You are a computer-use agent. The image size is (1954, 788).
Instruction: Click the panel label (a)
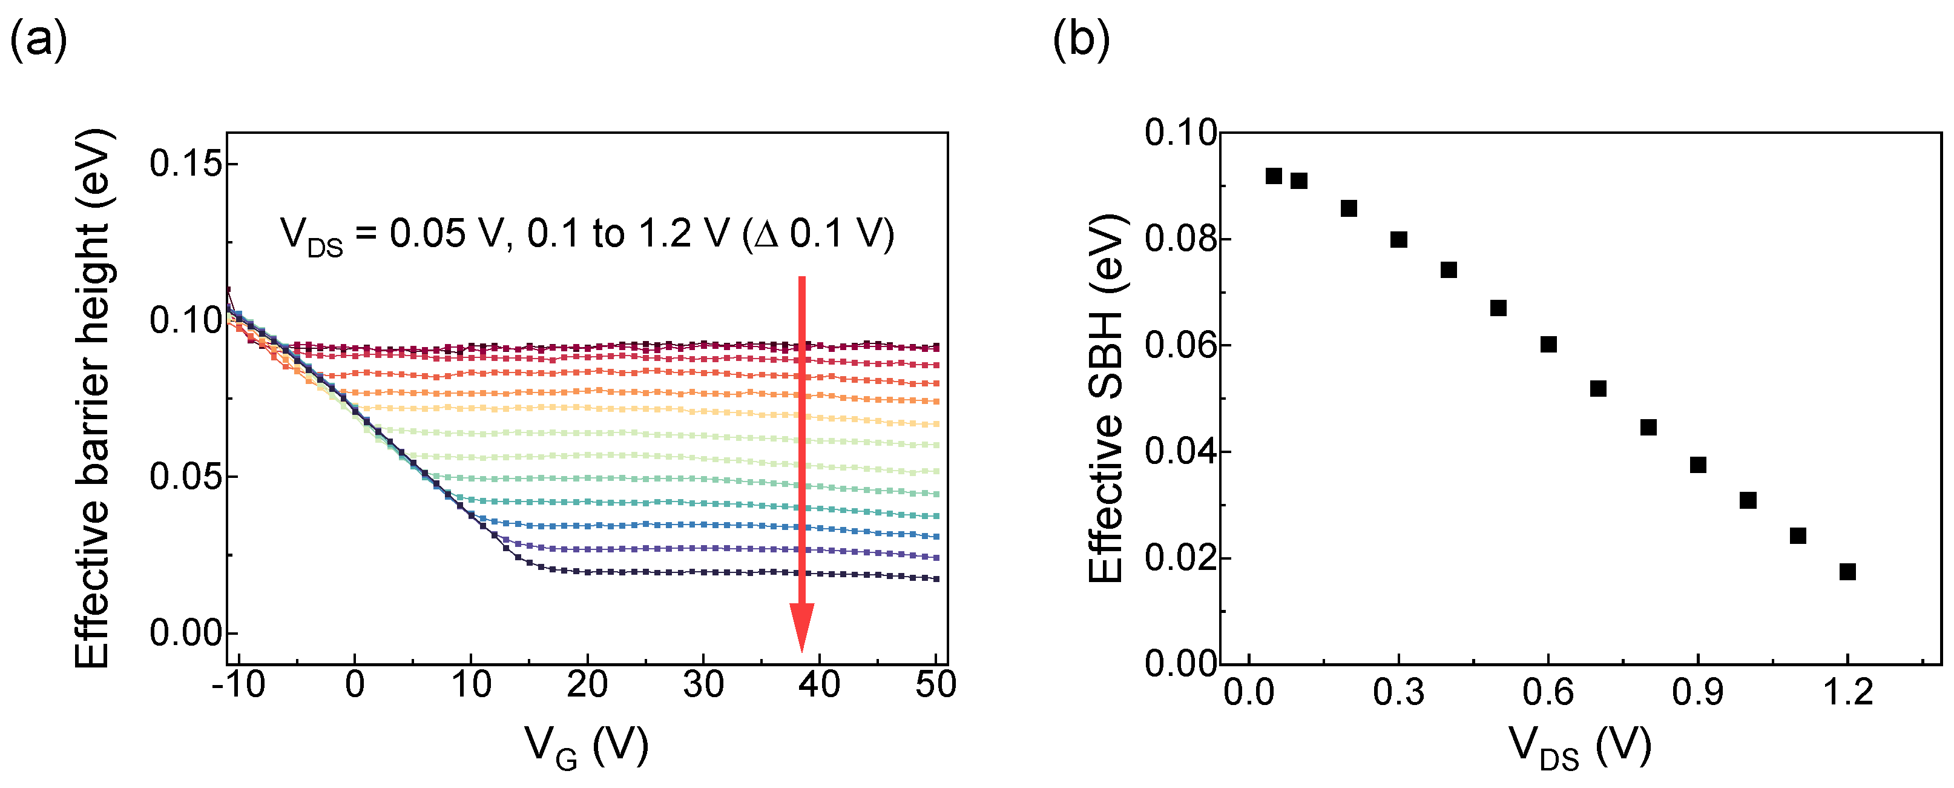pyautogui.click(x=38, y=39)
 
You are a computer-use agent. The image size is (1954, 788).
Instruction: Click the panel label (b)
pyautogui.click(x=1081, y=39)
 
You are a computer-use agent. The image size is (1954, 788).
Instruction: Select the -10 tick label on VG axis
pyautogui.click(x=238, y=685)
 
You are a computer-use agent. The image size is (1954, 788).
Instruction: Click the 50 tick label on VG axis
pyautogui.click(x=935, y=685)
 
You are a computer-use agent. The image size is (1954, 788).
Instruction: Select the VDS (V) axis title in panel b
pyautogui.click(x=1580, y=748)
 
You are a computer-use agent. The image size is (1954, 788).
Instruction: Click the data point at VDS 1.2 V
pyautogui.click(x=1848, y=572)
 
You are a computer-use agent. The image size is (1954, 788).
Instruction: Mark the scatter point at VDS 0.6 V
pyautogui.click(x=1549, y=345)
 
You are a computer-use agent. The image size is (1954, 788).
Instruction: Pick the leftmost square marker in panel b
pyautogui.click(x=1274, y=176)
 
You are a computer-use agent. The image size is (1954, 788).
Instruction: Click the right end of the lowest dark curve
pyautogui.click(x=937, y=578)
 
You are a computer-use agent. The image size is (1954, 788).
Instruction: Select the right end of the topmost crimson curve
pyautogui.click(x=937, y=347)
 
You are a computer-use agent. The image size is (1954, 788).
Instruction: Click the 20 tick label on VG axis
pyautogui.click(x=587, y=685)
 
